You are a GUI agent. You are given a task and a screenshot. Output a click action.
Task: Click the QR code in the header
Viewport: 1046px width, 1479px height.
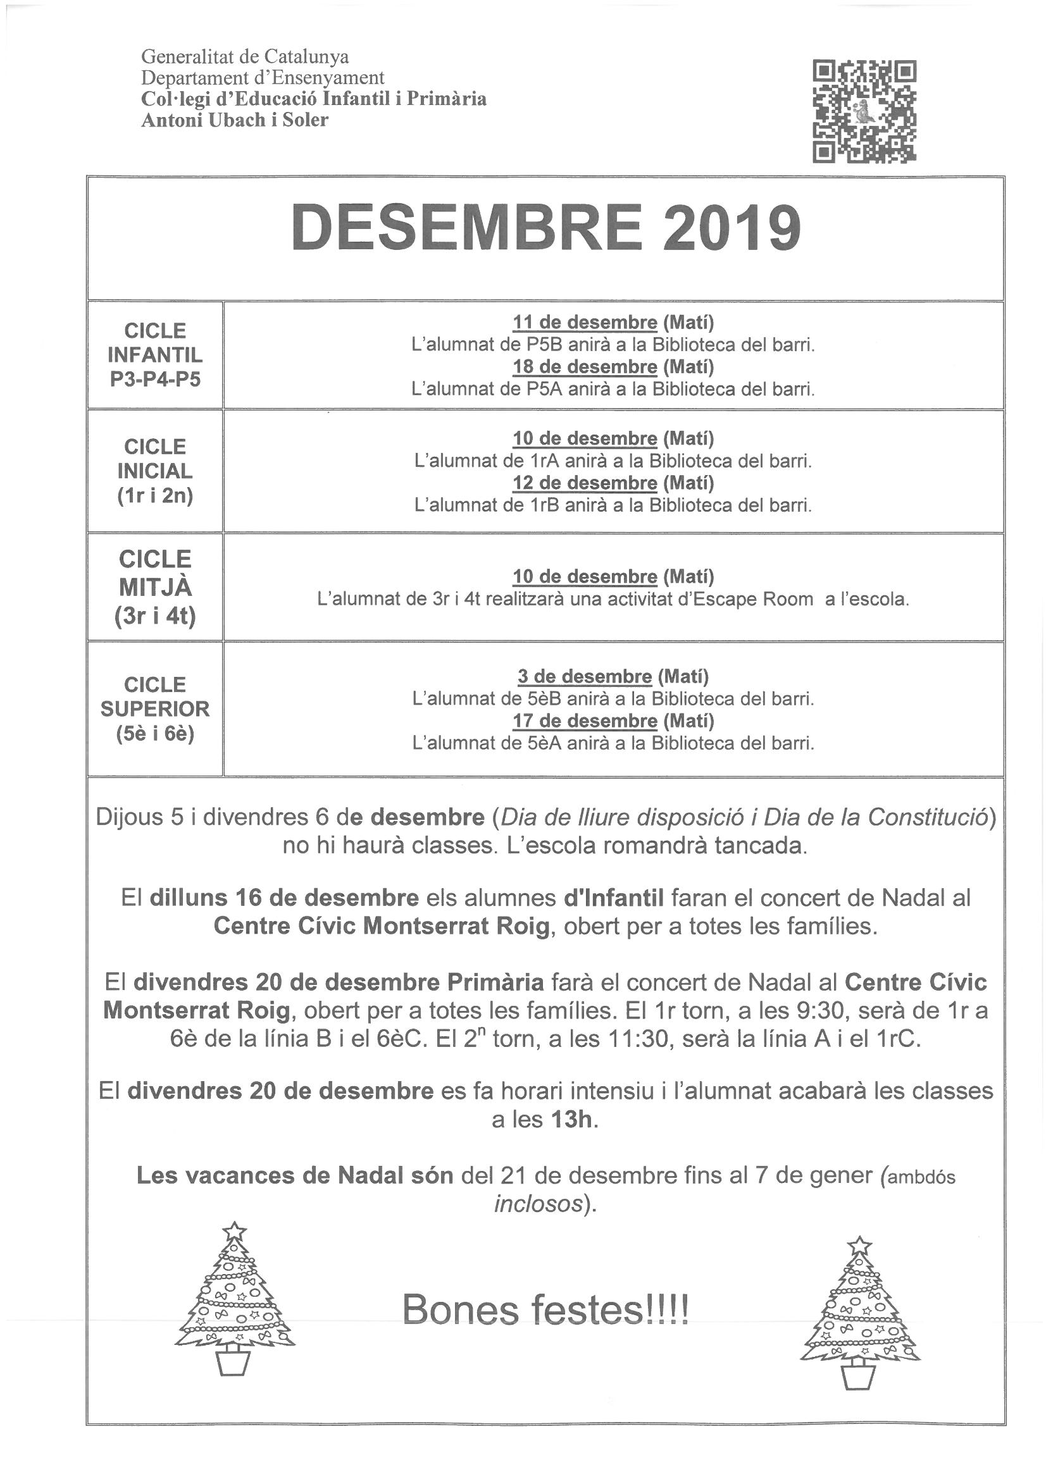click(864, 110)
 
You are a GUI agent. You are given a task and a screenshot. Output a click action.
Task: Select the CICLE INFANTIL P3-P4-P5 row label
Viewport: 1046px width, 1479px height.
click(154, 354)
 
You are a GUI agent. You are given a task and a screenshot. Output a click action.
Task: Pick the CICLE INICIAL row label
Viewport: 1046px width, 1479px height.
click(154, 471)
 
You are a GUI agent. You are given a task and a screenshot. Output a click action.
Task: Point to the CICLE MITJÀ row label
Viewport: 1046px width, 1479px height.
click(154, 587)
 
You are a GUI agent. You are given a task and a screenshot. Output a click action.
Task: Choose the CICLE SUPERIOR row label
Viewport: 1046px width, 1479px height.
click(154, 709)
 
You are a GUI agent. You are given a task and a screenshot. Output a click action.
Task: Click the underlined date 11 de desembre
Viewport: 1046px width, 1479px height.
click(585, 322)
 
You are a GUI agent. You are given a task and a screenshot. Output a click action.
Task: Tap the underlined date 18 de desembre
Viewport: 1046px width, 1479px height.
click(585, 366)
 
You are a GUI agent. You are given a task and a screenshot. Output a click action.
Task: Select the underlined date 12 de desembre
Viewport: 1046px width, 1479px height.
click(585, 483)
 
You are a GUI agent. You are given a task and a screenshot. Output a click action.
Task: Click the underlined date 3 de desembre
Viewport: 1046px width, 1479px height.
click(585, 676)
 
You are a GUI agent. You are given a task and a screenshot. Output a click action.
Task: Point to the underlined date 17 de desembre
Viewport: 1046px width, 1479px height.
click(585, 720)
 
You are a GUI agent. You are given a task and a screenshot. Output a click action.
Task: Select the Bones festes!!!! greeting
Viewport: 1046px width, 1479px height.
click(545, 1308)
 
